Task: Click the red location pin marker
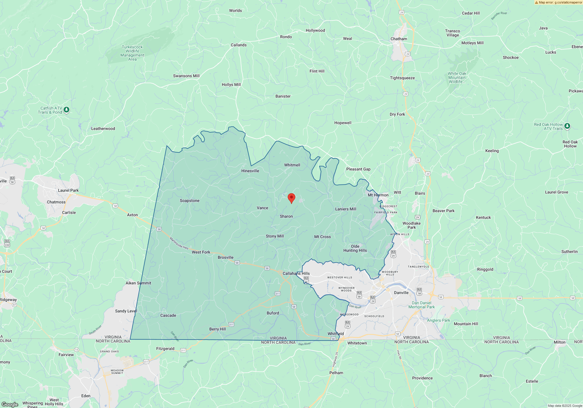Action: click(291, 198)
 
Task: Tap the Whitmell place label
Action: click(292, 165)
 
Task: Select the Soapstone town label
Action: click(189, 201)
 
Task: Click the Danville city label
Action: click(401, 293)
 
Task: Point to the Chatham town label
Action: click(399, 39)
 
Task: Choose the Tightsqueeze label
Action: click(402, 78)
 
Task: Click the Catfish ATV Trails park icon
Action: click(66, 110)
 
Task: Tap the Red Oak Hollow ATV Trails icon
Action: click(567, 126)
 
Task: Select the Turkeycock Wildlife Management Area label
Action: click(132, 53)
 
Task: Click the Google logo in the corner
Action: click(10, 404)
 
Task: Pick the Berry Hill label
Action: click(217, 329)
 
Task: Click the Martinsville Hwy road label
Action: click(179, 243)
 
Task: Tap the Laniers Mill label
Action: click(345, 209)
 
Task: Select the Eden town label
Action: click(86, 396)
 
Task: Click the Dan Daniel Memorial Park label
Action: click(422, 305)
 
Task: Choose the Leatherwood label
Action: click(103, 129)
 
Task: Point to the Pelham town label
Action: click(336, 373)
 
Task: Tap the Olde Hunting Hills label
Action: click(355, 248)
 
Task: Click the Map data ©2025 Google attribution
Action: click(565, 406)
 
